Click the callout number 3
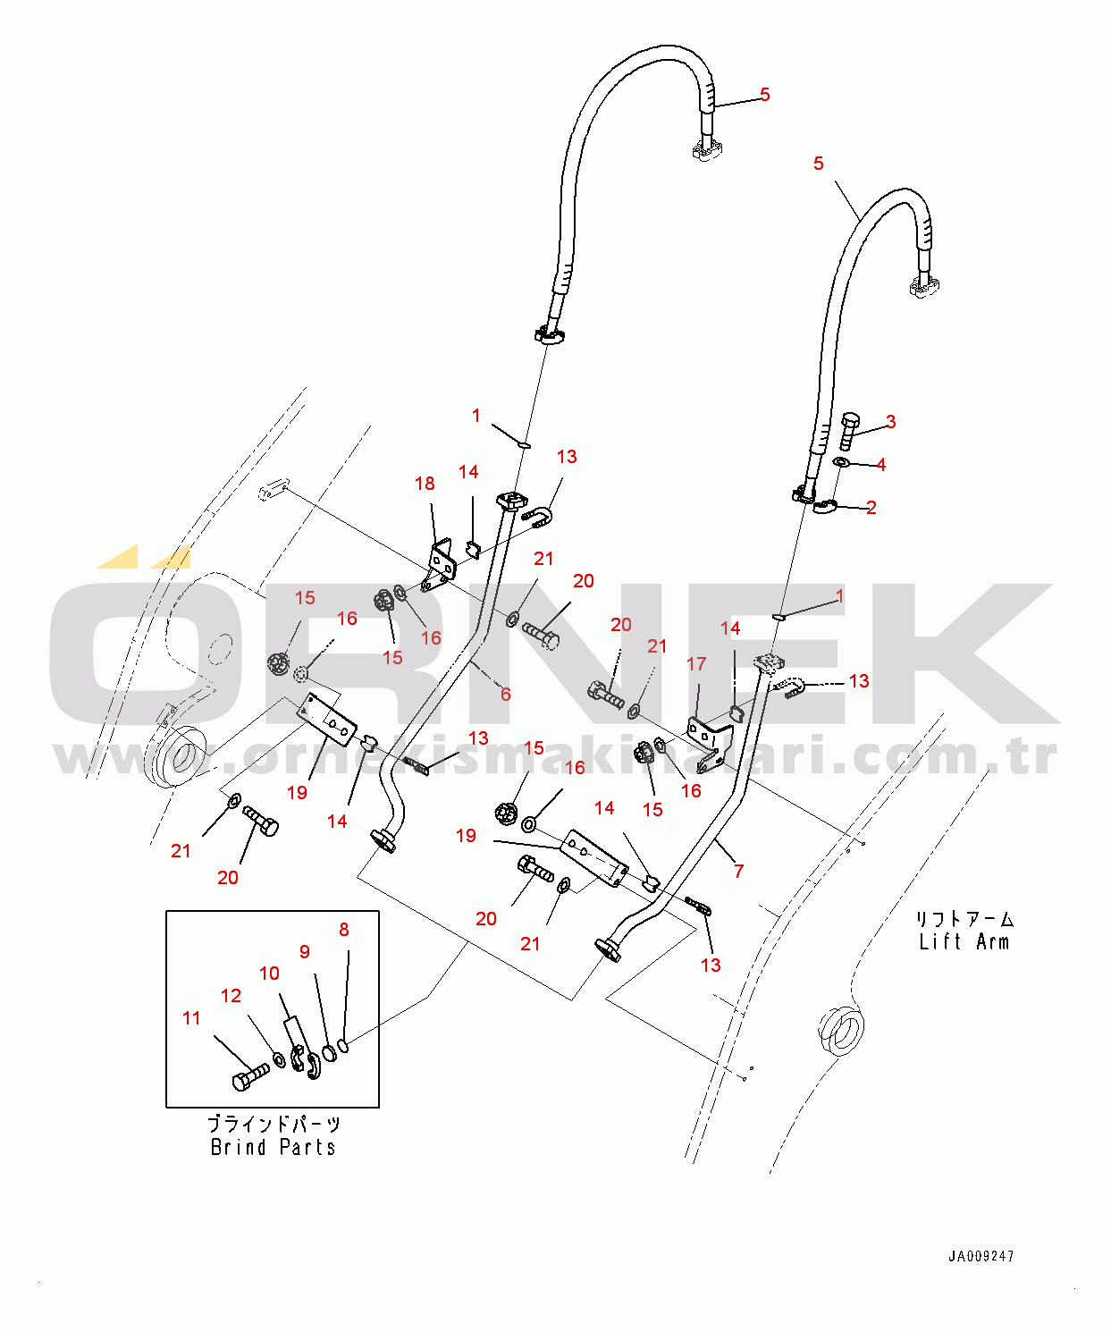point(890,421)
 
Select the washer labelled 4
point(841,461)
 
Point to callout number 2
point(871,507)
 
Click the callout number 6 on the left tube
point(506,694)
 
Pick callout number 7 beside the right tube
point(738,871)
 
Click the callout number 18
point(425,484)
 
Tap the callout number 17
point(696,663)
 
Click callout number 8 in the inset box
point(344,930)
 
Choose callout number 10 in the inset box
point(269,974)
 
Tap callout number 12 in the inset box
point(231,996)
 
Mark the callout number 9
point(305,952)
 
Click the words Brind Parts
point(273,1147)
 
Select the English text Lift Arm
point(964,941)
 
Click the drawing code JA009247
point(981,1256)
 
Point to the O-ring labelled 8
point(343,1044)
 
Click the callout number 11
point(191,1018)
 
